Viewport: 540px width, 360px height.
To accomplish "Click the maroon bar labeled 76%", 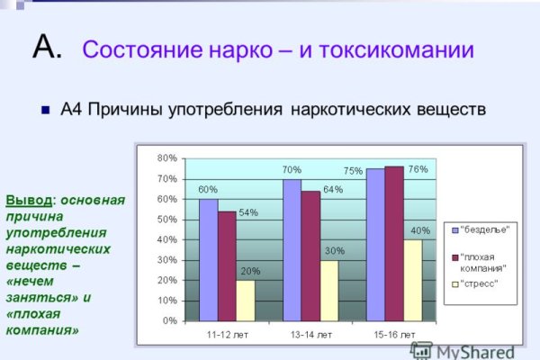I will tap(394, 243).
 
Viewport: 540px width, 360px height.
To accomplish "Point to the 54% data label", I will tap(248, 213).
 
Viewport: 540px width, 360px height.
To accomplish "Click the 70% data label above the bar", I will tap(291, 169).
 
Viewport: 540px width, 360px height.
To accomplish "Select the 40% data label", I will tap(420, 230).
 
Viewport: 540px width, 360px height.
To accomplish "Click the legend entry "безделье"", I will tap(485, 229).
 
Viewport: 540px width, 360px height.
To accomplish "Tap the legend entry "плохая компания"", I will tap(485, 262).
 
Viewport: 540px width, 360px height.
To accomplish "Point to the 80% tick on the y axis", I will tap(166, 158).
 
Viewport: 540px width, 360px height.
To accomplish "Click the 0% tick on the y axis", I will tap(169, 320).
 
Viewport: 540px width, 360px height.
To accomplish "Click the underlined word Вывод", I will tap(26, 200).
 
